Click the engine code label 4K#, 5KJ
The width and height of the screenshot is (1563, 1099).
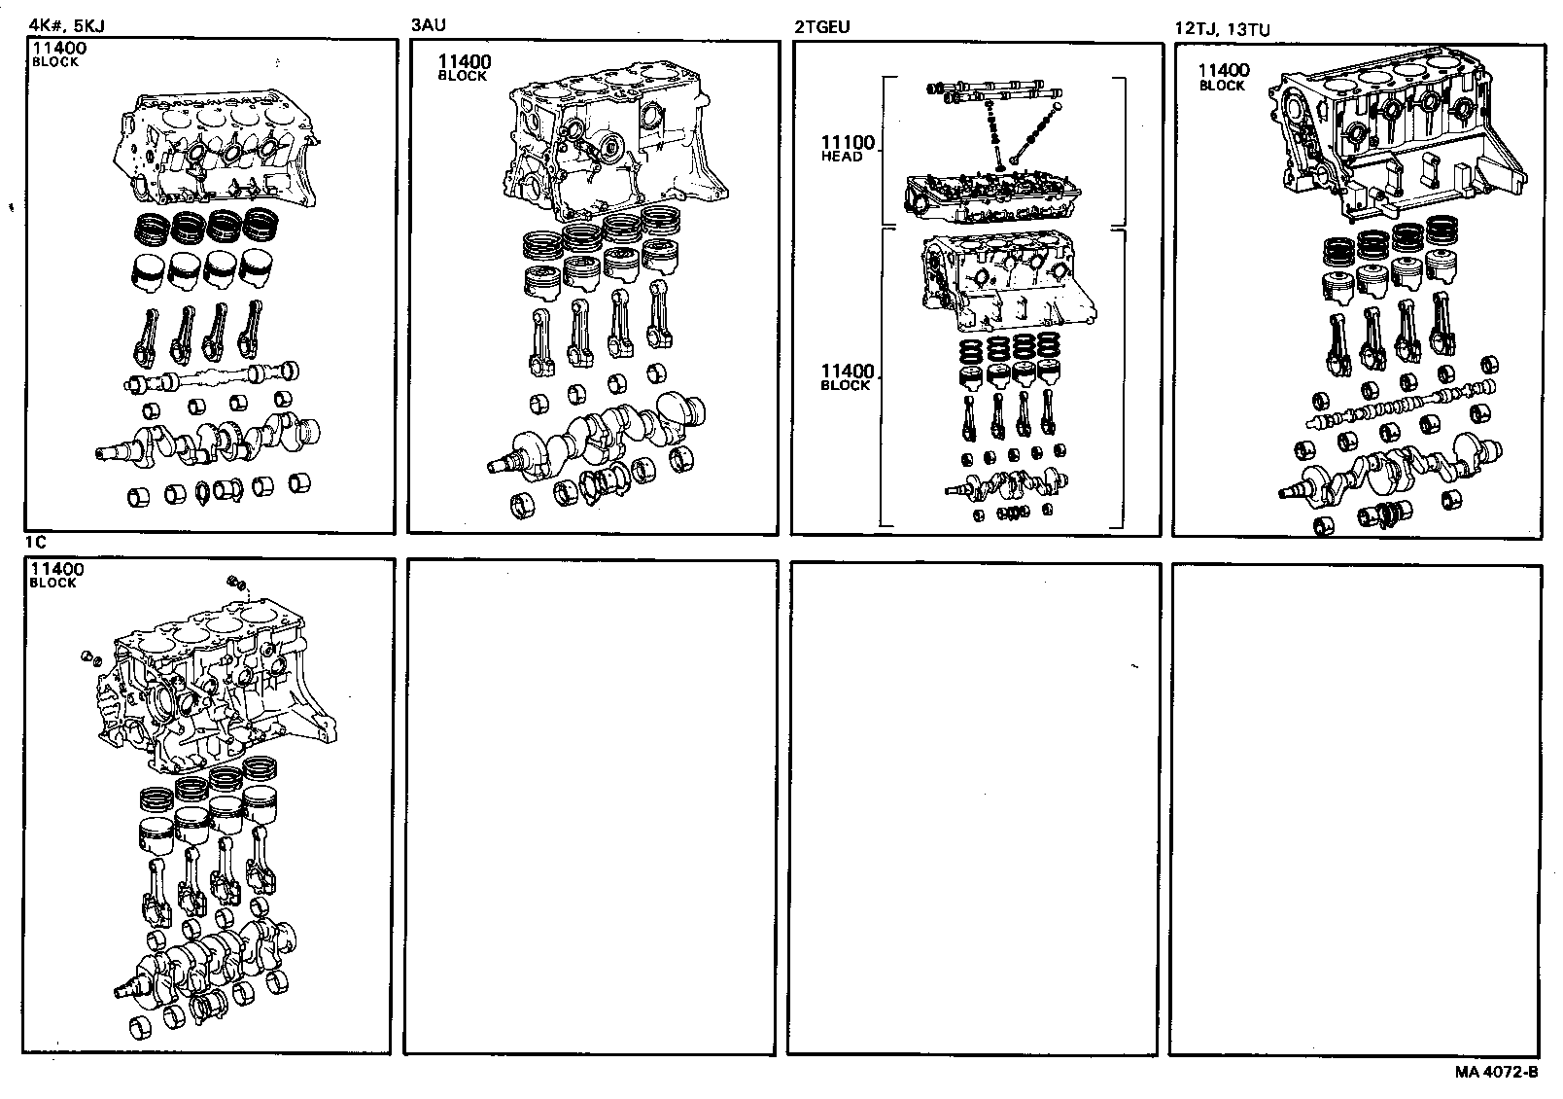pos(65,26)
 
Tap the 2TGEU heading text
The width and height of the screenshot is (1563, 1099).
pos(822,26)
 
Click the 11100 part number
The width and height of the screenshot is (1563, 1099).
pos(849,144)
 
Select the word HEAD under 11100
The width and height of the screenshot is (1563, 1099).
pos(842,158)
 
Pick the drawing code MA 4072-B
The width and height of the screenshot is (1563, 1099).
pos(1496,1072)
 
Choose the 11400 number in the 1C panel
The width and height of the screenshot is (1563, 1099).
pos(57,569)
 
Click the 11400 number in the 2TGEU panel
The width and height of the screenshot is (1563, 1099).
pos(849,372)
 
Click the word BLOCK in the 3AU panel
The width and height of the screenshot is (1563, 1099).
pos(463,76)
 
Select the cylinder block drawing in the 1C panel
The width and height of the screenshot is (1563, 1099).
pos(219,686)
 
